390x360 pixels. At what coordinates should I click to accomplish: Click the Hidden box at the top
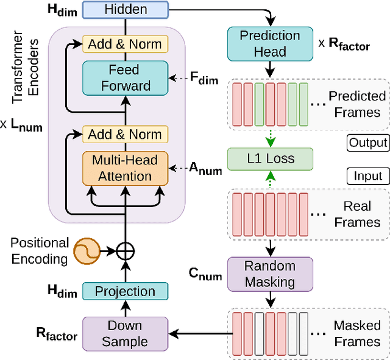coord(126,9)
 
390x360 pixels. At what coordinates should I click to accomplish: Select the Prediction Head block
coord(269,44)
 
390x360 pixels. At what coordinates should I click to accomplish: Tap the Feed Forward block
coord(126,78)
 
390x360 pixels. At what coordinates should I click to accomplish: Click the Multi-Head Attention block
coord(125,168)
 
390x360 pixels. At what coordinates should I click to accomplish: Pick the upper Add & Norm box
coord(125,44)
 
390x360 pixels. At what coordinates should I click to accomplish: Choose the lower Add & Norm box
coord(125,134)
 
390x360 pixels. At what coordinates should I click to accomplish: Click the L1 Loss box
coord(269,158)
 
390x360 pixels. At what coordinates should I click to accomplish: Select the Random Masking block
coord(269,274)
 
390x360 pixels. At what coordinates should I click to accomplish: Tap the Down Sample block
coord(125,333)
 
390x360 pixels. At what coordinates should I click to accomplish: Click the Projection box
coord(125,292)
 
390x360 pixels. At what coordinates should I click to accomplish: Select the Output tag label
coord(368,143)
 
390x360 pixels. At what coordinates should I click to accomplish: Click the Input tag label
coord(368,177)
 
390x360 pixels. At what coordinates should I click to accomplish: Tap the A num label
coord(205,169)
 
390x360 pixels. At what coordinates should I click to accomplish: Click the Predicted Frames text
coord(357,104)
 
